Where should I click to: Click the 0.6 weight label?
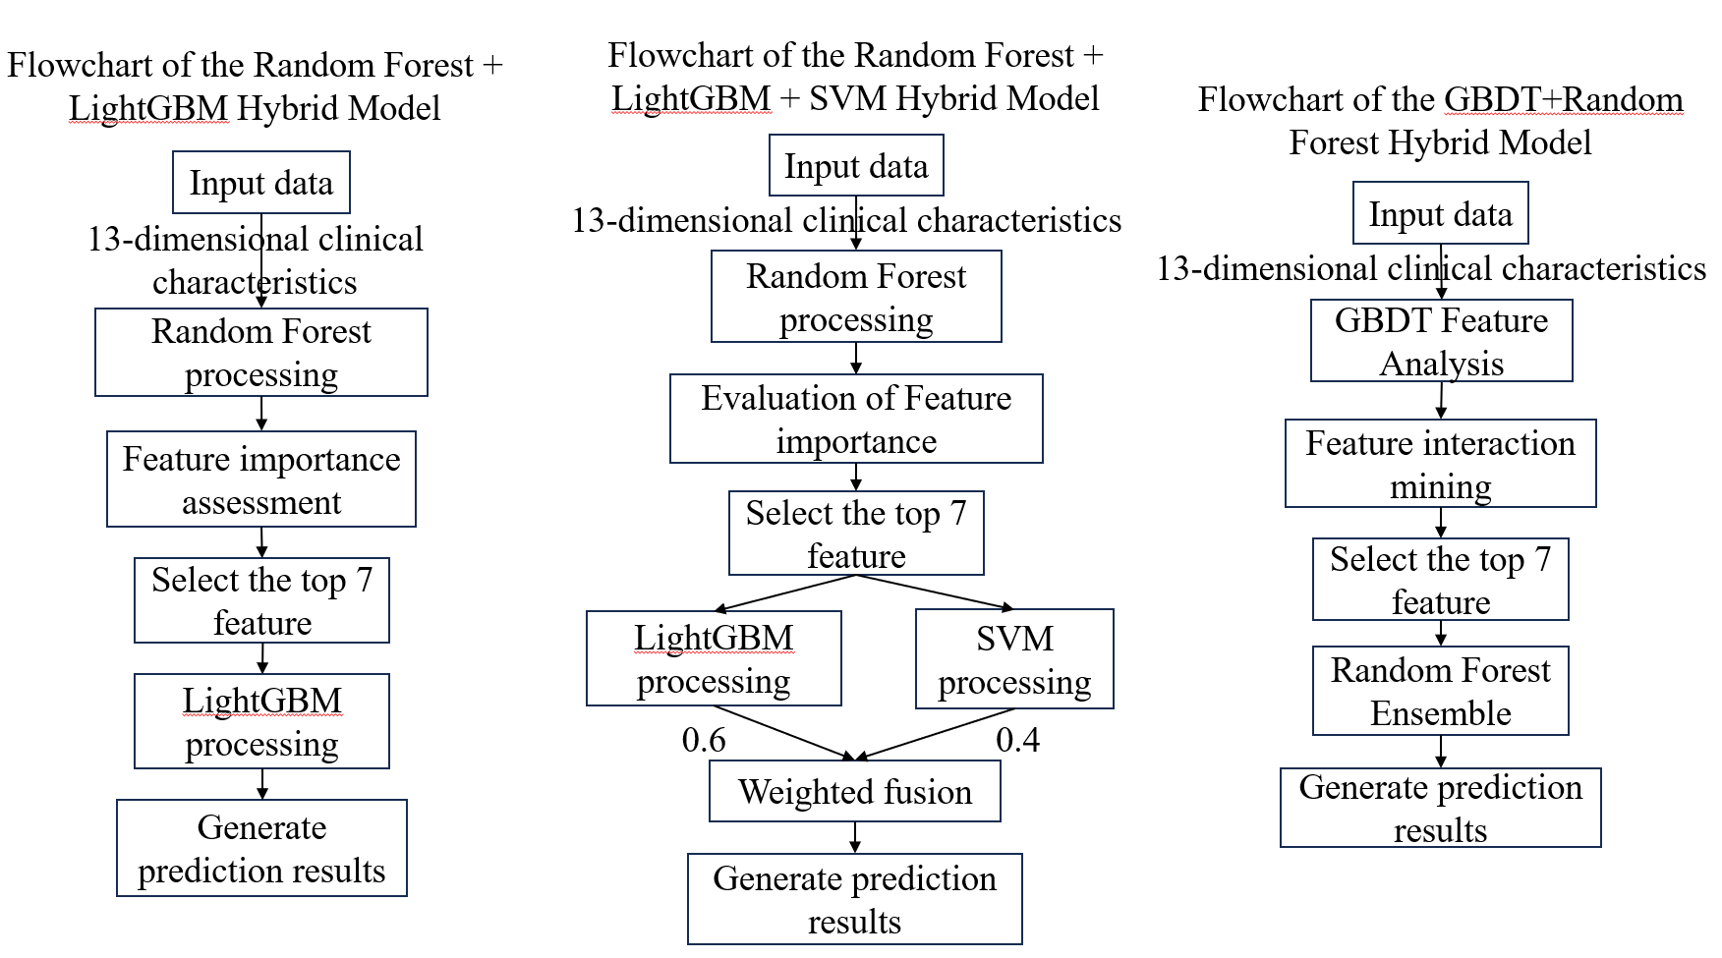(x=704, y=740)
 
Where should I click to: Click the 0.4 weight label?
(x=1017, y=740)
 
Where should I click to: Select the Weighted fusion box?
(x=854, y=792)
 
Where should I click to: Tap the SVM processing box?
(x=1013, y=659)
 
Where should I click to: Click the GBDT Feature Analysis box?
(x=1441, y=341)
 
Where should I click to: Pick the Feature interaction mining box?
(x=1440, y=464)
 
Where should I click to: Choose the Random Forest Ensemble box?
(x=1440, y=691)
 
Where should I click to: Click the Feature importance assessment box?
(x=261, y=479)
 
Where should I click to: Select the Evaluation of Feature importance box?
(x=856, y=419)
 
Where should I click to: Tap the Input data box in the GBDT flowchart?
(x=1440, y=213)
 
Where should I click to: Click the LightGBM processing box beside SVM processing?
(x=714, y=658)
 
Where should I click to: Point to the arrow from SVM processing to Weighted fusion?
(x=924, y=734)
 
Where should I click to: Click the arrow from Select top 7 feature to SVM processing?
(x=934, y=592)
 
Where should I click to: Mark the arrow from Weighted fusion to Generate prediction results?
(x=855, y=837)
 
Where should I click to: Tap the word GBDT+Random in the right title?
(x=1563, y=100)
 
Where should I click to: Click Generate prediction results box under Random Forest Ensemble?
(x=1440, y=808)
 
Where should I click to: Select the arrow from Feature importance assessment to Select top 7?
(x=261, y=542)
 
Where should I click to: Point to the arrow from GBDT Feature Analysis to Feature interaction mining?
(x=1441, y=400)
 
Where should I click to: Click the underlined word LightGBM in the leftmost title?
(x=148, y=108)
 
